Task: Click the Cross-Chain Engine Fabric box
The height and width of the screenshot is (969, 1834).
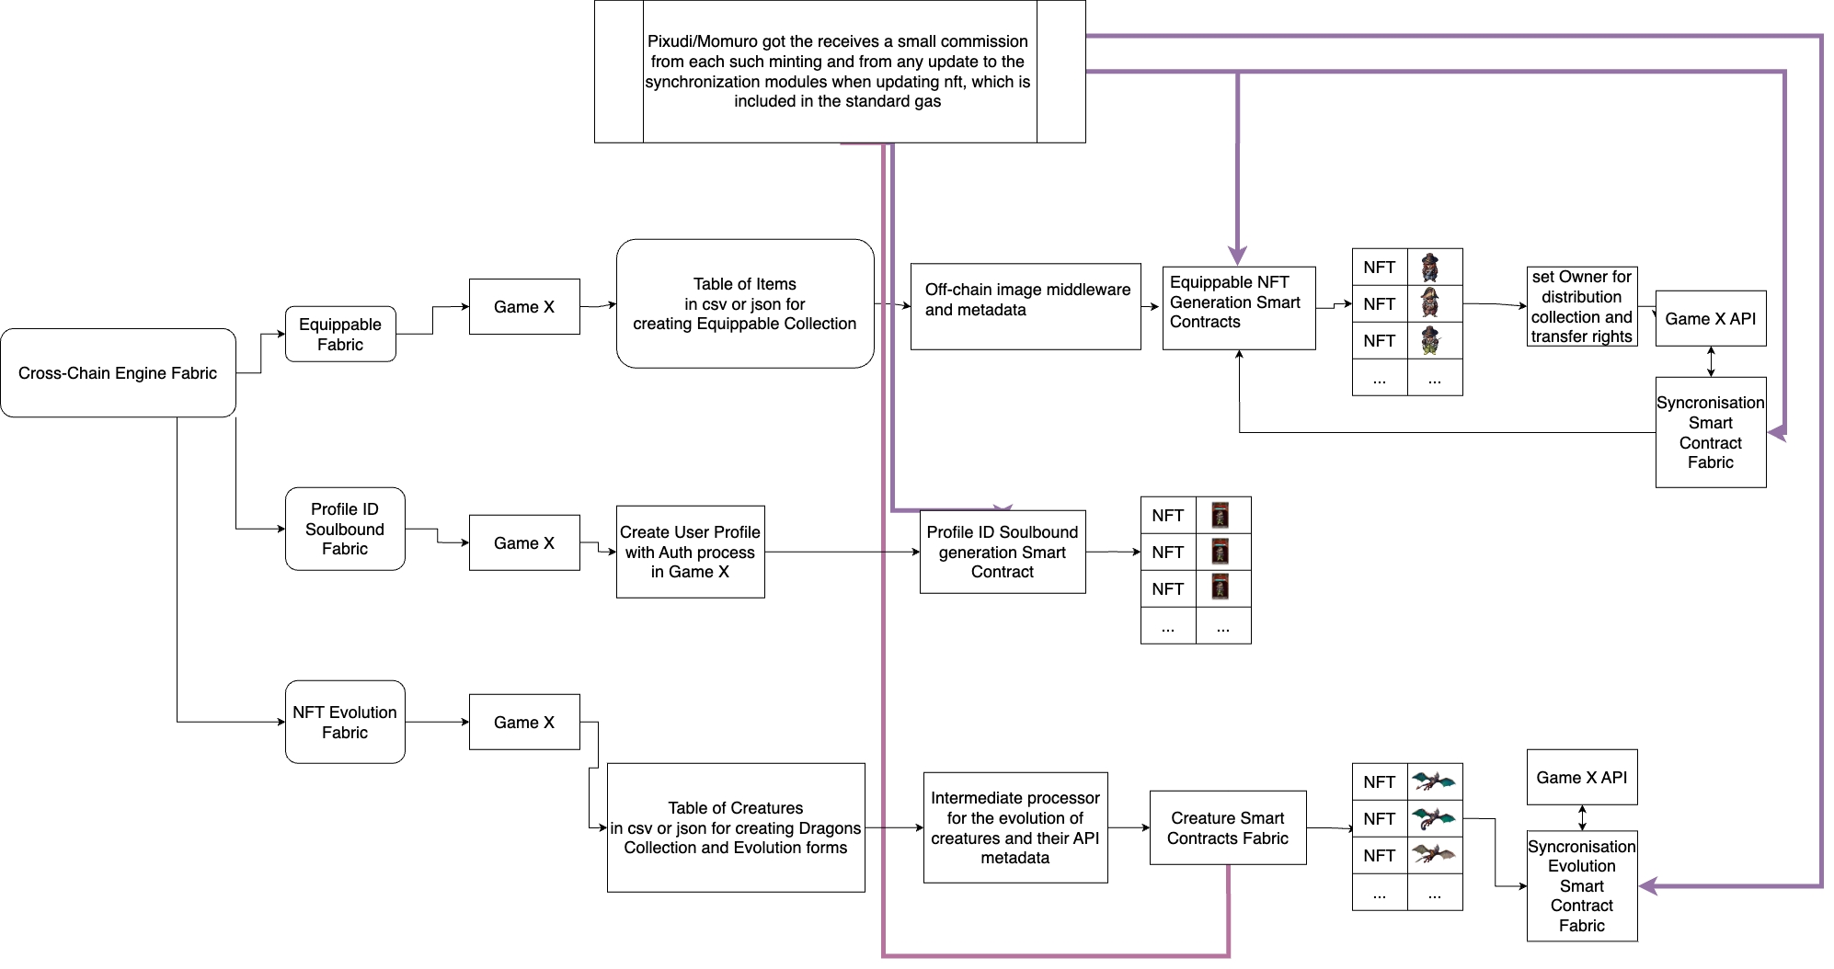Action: [118, 372]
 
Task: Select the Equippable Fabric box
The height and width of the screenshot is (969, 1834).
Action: [340, 334]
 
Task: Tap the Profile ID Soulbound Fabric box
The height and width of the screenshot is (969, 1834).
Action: [345, 529]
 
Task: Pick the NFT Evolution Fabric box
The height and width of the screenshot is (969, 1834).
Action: [345, 722]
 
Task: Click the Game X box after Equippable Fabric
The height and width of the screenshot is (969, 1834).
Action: [524, 306]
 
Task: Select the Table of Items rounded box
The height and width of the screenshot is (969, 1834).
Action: [745, 303]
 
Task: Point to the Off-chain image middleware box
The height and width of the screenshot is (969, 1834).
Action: [1026, 306]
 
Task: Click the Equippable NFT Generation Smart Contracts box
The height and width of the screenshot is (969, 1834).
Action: [1239, 308]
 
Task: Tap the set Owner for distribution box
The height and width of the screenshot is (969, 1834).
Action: [1582, 306]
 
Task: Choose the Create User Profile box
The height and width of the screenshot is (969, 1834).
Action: [690, 552]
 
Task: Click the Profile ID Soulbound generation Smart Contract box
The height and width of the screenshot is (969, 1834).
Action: [1003, 552]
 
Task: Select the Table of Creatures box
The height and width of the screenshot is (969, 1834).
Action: [736, 827]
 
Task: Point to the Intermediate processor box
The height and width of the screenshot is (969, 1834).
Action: [1015, 827]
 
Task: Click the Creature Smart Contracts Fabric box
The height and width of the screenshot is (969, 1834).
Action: [1228, 827]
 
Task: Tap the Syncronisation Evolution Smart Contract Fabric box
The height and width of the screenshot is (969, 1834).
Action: [1582, 885]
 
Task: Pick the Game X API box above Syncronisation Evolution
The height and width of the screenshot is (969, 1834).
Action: [1582, 777]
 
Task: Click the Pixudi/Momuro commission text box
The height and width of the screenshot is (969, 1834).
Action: [839, 72]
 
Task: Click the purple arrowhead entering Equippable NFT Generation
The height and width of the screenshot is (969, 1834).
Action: [1238, 255]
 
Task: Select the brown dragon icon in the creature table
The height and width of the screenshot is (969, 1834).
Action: [1434, 854]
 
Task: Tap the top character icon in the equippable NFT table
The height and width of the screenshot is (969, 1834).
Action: [1430, 267]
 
